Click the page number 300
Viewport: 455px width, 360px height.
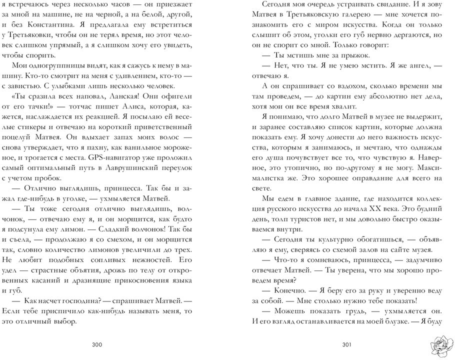click(x=97, y=344)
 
